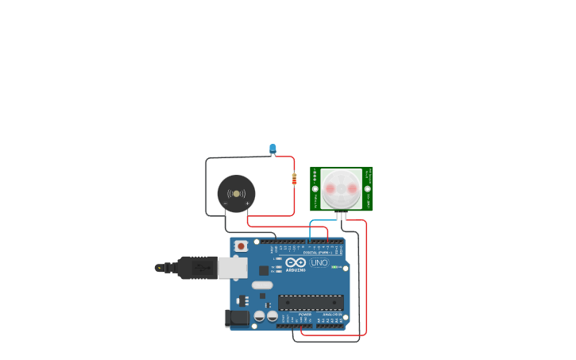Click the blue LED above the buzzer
click(x=273, y=149)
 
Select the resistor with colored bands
click(x=294, y=179)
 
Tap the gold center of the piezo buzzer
click(x=236, y=193)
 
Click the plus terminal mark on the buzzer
click(x=247, y=204)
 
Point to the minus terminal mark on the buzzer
click(x=226, y=204)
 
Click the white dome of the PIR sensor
click(x=341, y=189)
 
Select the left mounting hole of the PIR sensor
click(x=315, y=189)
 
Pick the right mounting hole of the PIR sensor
click(x=367, y=189)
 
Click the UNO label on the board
click(x=319, y=262)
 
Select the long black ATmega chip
click(x=310, y=303)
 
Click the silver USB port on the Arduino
click(x=232, y=268)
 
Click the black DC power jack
click(x=237, y=319)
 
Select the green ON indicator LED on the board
click(x=335, y=267)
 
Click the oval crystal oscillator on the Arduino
click(x=262, y=285)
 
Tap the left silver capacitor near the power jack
click(x=260, y=316)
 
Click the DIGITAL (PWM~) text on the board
click(x=318, y=253)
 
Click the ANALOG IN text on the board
click(x=331, y=315)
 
